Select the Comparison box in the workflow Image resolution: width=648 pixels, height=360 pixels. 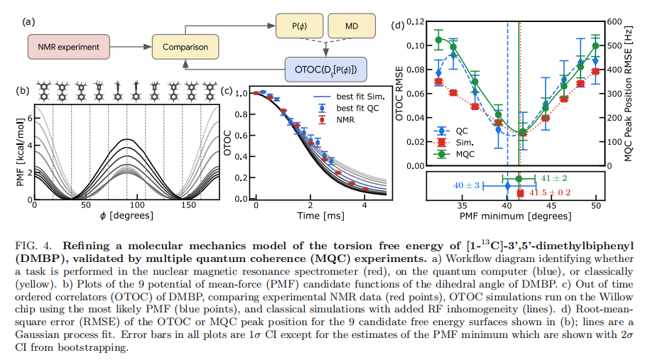[x=184, y=47]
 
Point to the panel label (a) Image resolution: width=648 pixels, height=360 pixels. [x=29, y=21]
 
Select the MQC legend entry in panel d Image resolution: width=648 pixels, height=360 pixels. [x=460, y=153]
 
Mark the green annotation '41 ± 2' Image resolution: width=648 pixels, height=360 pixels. [x=553, y=178]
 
